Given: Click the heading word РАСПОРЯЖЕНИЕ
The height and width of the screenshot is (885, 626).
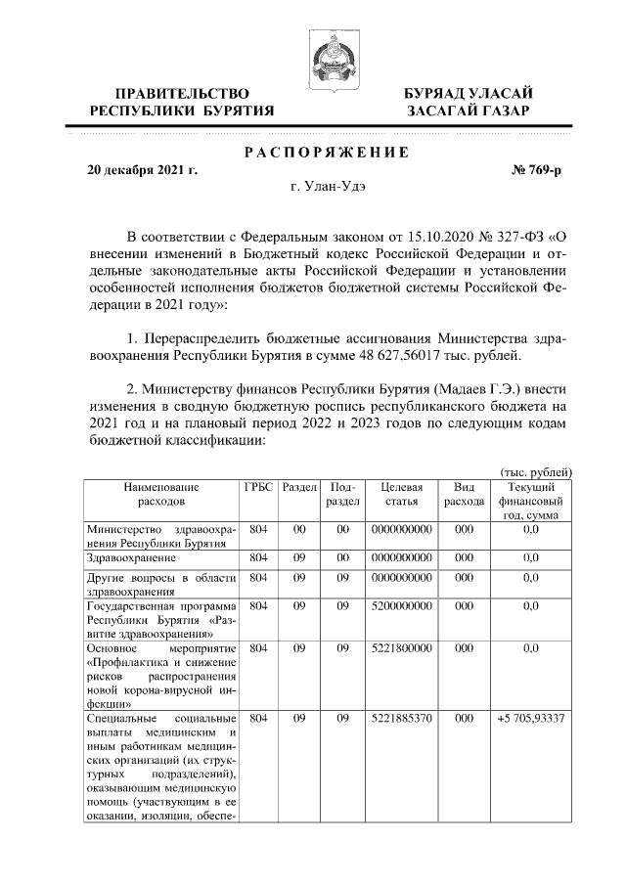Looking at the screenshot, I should (326, 153).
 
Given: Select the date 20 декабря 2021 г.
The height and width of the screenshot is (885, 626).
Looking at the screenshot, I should (142, 169).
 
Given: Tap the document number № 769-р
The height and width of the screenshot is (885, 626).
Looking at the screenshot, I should (538, 169).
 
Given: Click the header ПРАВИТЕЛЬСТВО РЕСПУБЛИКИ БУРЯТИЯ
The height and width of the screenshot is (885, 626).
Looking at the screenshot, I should (182, 102).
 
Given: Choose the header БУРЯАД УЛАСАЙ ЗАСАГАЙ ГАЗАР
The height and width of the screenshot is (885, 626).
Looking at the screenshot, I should (469, 102).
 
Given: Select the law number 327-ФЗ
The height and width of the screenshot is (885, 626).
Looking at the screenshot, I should (513, 237).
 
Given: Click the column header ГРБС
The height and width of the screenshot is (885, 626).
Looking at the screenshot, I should (259, 487).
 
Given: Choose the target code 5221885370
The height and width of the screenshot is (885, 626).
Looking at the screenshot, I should (401, 720).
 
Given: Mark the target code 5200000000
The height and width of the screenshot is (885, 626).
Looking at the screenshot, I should (401, 605).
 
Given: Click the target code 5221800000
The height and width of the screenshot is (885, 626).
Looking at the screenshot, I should (401, 647).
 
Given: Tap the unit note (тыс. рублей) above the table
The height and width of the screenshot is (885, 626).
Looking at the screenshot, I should (536, 472).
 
